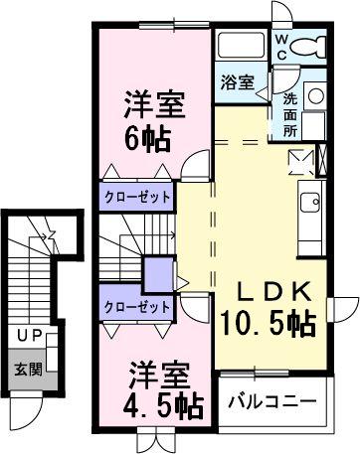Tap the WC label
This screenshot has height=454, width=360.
283,47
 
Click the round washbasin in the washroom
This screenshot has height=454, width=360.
314,96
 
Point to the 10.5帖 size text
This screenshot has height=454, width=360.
268,324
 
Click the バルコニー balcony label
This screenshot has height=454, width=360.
272,402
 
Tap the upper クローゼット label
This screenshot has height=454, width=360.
138,197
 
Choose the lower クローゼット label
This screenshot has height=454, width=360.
137,307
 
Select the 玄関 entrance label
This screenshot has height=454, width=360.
27,370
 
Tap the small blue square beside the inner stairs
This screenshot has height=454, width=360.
158,273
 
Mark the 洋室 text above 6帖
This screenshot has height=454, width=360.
151,103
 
